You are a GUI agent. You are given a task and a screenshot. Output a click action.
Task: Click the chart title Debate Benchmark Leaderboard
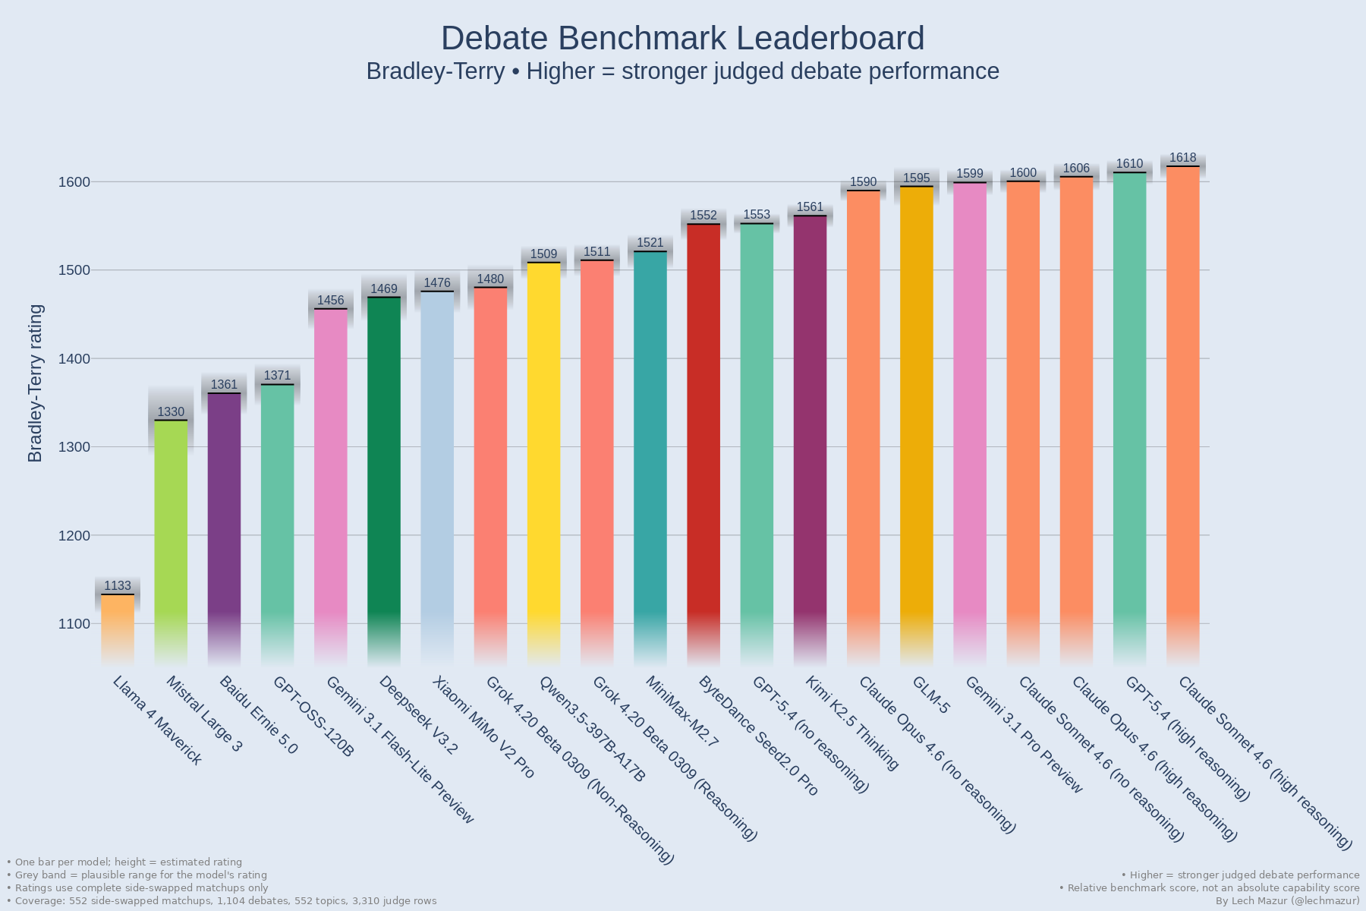point(682,39)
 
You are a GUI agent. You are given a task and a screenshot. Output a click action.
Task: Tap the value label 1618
point(1182,158)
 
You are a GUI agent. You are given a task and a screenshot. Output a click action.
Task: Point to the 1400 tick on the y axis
point(74,359)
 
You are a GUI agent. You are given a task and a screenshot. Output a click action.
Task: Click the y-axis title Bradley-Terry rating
point(36,383)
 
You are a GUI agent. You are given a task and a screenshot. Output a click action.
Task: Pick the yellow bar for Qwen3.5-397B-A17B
point(543,455)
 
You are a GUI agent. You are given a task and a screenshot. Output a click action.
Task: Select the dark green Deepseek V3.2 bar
point(384,471)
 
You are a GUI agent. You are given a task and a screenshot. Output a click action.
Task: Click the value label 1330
point(171,412)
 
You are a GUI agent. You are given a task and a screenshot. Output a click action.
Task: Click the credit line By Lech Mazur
point(1287,900)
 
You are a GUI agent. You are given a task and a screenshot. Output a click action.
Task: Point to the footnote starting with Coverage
point(222,900)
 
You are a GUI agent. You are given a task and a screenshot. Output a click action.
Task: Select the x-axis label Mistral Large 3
point(203,714)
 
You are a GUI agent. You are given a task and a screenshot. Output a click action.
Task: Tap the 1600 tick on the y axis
point(74,182)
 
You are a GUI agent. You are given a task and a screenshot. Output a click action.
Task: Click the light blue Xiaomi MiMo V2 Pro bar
point(437,471)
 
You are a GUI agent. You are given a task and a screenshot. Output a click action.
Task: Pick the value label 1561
point(810,207)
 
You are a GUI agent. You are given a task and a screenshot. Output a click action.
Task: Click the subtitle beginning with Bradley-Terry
point(682,71)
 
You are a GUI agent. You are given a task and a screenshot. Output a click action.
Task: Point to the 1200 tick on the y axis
point(74,536)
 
